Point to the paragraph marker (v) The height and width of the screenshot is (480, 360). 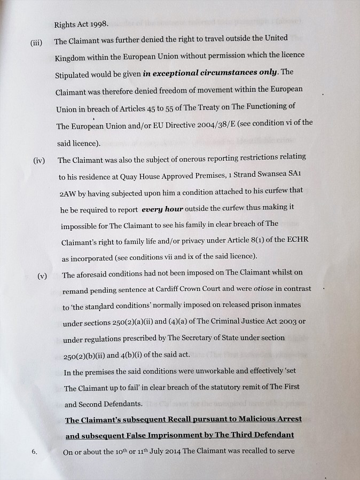pyautogui.click(x=42, y=276)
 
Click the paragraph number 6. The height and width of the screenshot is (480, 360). pyautogui.click(x=34, y=452)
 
